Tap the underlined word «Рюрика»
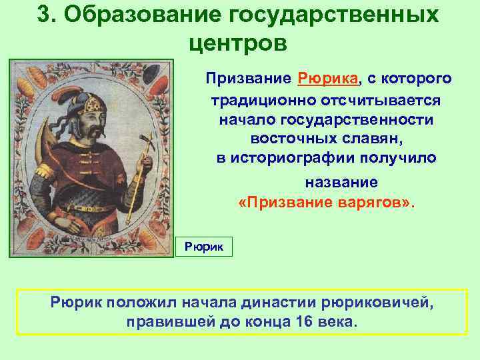click(329, 79)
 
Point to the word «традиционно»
click(261, 100)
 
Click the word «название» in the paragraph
click(341, 182)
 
